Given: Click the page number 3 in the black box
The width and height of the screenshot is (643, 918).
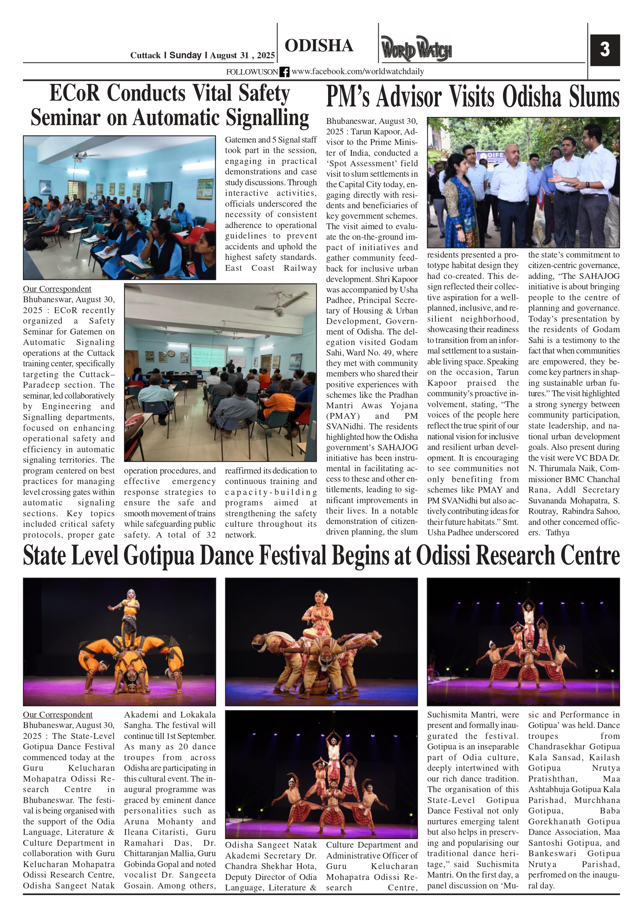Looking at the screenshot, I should tap(605, 50).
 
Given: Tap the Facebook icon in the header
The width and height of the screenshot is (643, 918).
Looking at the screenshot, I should tap(284, 72).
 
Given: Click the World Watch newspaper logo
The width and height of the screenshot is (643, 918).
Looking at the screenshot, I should tap(416, 49).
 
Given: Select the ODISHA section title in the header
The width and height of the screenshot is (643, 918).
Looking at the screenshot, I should tap(319, 45).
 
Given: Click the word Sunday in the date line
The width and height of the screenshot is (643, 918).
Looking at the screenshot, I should tap(185, 55).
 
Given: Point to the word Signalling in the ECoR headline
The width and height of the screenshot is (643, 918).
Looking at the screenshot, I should tap(267, 118).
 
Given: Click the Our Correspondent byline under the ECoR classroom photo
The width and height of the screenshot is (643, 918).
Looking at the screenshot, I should tap(57, 289).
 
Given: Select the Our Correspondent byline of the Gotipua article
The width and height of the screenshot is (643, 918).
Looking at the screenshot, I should tap(57, 714).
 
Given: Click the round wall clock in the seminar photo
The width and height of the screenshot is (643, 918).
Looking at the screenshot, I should tap(171, 354).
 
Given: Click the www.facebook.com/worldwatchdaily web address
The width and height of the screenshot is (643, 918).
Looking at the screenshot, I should tap(358, 71).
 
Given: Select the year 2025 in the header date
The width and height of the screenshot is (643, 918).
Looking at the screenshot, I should tap(266, 55).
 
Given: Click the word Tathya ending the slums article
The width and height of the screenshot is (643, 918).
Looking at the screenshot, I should tap(557, 533).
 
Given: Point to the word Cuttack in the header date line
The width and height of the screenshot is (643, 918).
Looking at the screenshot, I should tap(145, 55).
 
